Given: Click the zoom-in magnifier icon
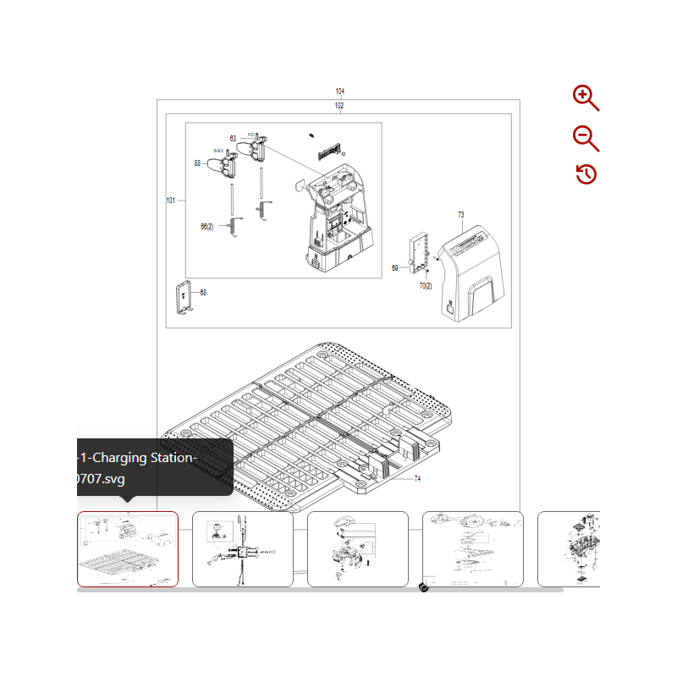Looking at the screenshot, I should (585, 97).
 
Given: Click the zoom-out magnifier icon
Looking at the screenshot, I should (585, 138).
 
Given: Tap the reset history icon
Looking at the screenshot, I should (586, 174).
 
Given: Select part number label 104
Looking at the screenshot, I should (340, 91).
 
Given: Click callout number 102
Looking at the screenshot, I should (339, 106).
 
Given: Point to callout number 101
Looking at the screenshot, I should (171, 201).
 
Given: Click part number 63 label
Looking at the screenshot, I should (233, 139).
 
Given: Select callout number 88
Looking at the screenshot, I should (197, 163).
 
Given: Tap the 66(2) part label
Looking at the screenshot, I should (207, 227).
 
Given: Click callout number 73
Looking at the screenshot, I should (461, 215).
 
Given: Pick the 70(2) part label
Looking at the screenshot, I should (426, 286).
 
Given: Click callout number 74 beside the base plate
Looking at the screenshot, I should (417, 479).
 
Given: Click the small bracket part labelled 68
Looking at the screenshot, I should (183, 296).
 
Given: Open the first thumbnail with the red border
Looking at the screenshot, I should (128, 548).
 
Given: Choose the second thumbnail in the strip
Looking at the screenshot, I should (243, 548).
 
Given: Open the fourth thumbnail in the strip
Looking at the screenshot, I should (473, 548).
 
